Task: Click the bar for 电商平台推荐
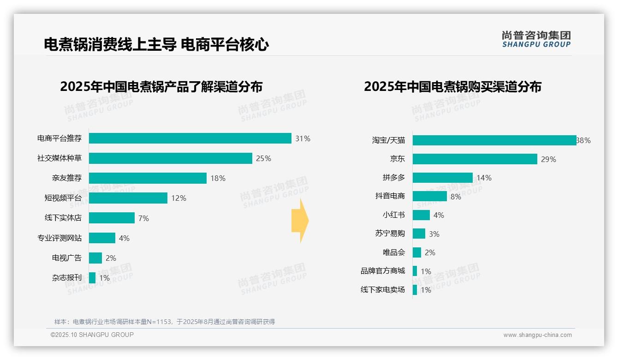(190, 138)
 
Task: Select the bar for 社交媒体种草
(170, 158)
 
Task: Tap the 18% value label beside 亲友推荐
(218, 178)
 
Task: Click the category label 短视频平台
(63, 198)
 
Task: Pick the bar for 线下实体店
(112, 218)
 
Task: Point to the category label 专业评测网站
(59, 238)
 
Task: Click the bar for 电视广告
(95, 258)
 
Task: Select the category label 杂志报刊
(66, 278)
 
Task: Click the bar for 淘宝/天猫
(494, 140)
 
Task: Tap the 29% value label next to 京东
(549, 159)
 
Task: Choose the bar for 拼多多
(442, 178)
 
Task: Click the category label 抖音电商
(390, 196)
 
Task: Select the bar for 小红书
(421, 215)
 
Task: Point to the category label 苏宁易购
(390, 234)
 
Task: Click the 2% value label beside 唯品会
(430, 252)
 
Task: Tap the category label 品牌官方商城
(382, 271)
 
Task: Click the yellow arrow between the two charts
(300, 221)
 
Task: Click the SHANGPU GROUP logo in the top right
(536, 39)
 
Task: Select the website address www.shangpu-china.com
(537, 335)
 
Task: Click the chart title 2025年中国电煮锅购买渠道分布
(452, 87)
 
